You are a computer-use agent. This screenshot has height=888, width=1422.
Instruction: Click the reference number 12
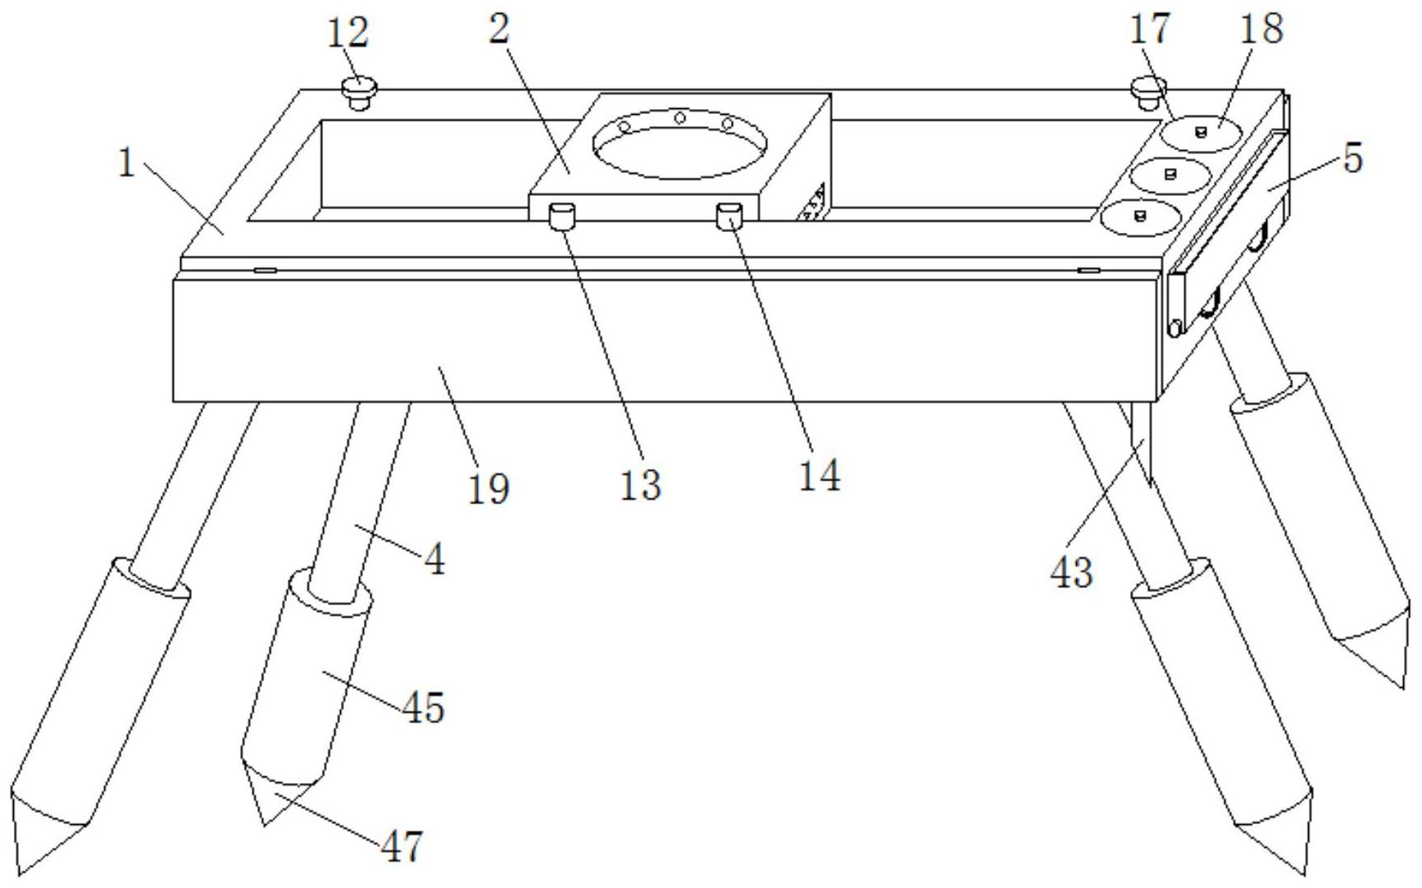(348, 34)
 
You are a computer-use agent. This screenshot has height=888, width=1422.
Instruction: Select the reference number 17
(1150, 30)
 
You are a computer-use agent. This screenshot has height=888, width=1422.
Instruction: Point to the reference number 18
(1261, 29)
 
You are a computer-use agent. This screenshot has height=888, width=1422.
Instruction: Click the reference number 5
(1353, 157)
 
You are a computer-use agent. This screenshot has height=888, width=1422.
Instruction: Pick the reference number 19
(489, 489)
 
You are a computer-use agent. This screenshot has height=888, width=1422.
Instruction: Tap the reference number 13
(639, 485)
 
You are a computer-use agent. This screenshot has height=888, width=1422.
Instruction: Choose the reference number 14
(820, 476)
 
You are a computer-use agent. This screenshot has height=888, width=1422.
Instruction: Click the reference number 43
(1071, 572)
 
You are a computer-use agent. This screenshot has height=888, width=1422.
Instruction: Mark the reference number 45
(424, 707)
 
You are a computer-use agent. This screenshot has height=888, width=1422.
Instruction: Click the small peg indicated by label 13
(562, 218)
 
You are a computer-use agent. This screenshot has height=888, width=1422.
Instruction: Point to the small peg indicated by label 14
(730, 216)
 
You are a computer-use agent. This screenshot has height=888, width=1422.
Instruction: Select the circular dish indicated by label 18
(1201, 132)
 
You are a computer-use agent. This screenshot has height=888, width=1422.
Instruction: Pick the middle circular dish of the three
(1170, 173)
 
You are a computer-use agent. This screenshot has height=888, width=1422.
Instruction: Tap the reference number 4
(434, 561)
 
